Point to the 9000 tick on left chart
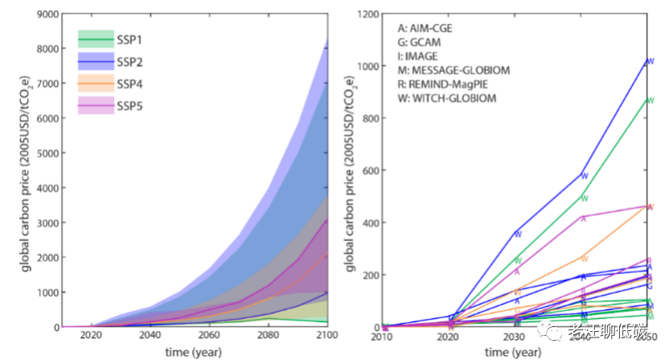[x=44, y=14]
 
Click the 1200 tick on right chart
[x=369, y=14]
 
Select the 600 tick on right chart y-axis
[x=372, y=170]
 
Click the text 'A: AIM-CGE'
[x=425, y=28]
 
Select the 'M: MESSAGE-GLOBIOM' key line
[x=454, y=70]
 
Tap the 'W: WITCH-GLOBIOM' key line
[x=447, y=98]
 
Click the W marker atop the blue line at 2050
[x=651, y=61]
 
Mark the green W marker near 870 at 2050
[x=651, y=100]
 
